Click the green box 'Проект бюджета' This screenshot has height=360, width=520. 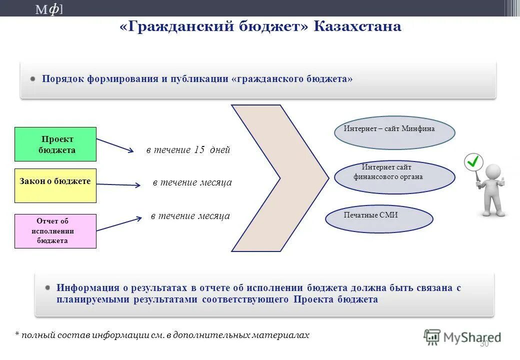[x=55, y=144]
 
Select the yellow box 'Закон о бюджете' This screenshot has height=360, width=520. [x=55, y=185]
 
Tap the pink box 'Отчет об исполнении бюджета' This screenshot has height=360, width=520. [x=55, y=231]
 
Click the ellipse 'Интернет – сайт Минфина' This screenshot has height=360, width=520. [x=394, y=133]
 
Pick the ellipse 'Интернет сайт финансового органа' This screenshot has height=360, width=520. [x=394, y=177]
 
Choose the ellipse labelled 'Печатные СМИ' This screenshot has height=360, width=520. [x=378, y=219]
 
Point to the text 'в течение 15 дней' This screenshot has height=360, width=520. [x=188, y=150]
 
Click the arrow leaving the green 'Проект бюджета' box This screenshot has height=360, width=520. [x=115, y=145]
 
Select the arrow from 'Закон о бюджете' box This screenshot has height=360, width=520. [x=118, y=185]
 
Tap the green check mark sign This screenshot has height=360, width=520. [x=473, y=161]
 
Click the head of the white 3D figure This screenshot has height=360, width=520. [x=492, y=172]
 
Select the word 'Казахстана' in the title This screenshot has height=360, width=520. [x=357, y=26]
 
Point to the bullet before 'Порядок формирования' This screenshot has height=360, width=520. [x=32, y=79]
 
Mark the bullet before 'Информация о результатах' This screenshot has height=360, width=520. [x=47, y=288]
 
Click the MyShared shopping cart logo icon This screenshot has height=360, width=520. [x=432, y=337]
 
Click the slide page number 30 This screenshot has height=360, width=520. [x=484, y=344]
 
